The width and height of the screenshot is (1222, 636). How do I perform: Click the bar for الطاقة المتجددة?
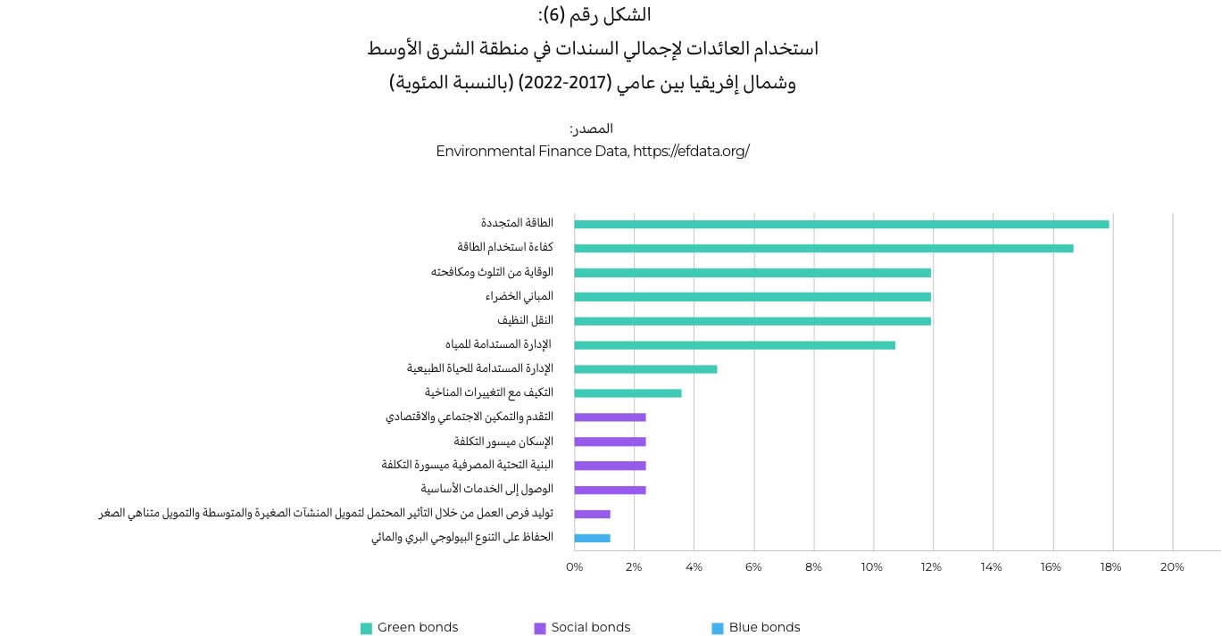(x=841, y=224)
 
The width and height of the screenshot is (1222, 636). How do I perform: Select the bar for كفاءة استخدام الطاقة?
(x=823, y=248)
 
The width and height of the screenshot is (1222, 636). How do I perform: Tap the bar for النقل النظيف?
(x=752, y=320)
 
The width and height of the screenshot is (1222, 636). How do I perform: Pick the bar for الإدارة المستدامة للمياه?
(x=734, y=344)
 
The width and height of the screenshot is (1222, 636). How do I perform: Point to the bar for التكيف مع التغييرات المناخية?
(x=628, y=392)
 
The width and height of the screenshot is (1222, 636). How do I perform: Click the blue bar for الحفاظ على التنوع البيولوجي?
(x=592, y=538)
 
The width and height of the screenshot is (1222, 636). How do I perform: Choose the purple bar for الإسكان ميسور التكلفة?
(x=610, y=442)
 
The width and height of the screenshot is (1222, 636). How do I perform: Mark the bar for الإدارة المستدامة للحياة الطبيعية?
(x=645, y=368)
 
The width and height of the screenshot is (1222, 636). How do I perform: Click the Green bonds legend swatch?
(x=366, y=628)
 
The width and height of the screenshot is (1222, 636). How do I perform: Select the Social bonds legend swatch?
(x=540, y=628)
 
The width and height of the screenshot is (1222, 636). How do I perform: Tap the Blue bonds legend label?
(x=764, y=627)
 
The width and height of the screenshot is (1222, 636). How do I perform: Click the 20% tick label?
(x=1171, y=567)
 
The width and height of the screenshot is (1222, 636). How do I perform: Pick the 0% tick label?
(x=575, y=567)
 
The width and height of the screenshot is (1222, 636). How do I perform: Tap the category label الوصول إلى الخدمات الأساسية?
(x=486, y=489)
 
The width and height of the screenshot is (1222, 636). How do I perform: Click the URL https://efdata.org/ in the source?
(x=691, y=151)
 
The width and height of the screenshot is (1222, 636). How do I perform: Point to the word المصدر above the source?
(x=593, y=128)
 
